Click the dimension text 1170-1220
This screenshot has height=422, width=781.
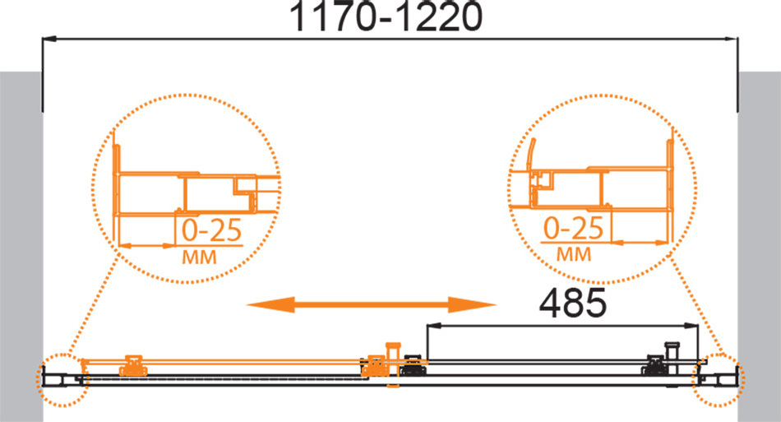coord(386,16)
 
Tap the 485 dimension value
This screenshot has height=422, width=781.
coord(573,303)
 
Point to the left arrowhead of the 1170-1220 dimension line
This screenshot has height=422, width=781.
coord(49,39)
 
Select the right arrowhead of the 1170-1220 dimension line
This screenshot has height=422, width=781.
coord(732,39)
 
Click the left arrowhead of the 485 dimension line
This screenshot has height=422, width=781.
coord(433,326)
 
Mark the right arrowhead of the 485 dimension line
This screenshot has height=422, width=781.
coord(691,326)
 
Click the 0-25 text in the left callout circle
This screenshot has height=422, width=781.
coord(211,230)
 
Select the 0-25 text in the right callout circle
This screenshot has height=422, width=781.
coord(573,228)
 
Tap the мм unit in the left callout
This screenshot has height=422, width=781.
coord(199,257)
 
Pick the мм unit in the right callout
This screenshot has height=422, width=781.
coord(574,254)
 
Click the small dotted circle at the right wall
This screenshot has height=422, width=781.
coord(719,380)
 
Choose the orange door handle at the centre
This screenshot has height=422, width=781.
coord(393,364)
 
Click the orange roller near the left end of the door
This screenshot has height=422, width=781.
coord(133,365)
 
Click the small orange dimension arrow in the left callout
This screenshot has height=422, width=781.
coord(146,246)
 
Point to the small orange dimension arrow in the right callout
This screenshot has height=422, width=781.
coord(640,243)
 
